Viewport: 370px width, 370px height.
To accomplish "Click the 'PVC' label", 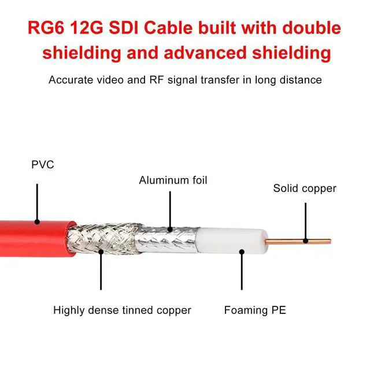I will (x=42, y=165).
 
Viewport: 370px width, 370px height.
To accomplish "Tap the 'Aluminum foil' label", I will (x=173, y=180).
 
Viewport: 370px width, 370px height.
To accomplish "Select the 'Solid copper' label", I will (x=305, y=188).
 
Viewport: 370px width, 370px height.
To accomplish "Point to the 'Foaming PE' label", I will (x=255, y=310).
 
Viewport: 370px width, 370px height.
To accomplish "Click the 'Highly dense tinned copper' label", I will (x=122, y=310).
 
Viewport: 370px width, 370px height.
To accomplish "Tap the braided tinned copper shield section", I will (x=101, y=238).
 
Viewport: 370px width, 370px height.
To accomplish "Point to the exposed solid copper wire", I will (x=301, y=241).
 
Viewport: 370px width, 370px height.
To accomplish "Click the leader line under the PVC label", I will (x=36, y=202).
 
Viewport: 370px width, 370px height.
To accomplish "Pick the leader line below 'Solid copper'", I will (x=305, y=217).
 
